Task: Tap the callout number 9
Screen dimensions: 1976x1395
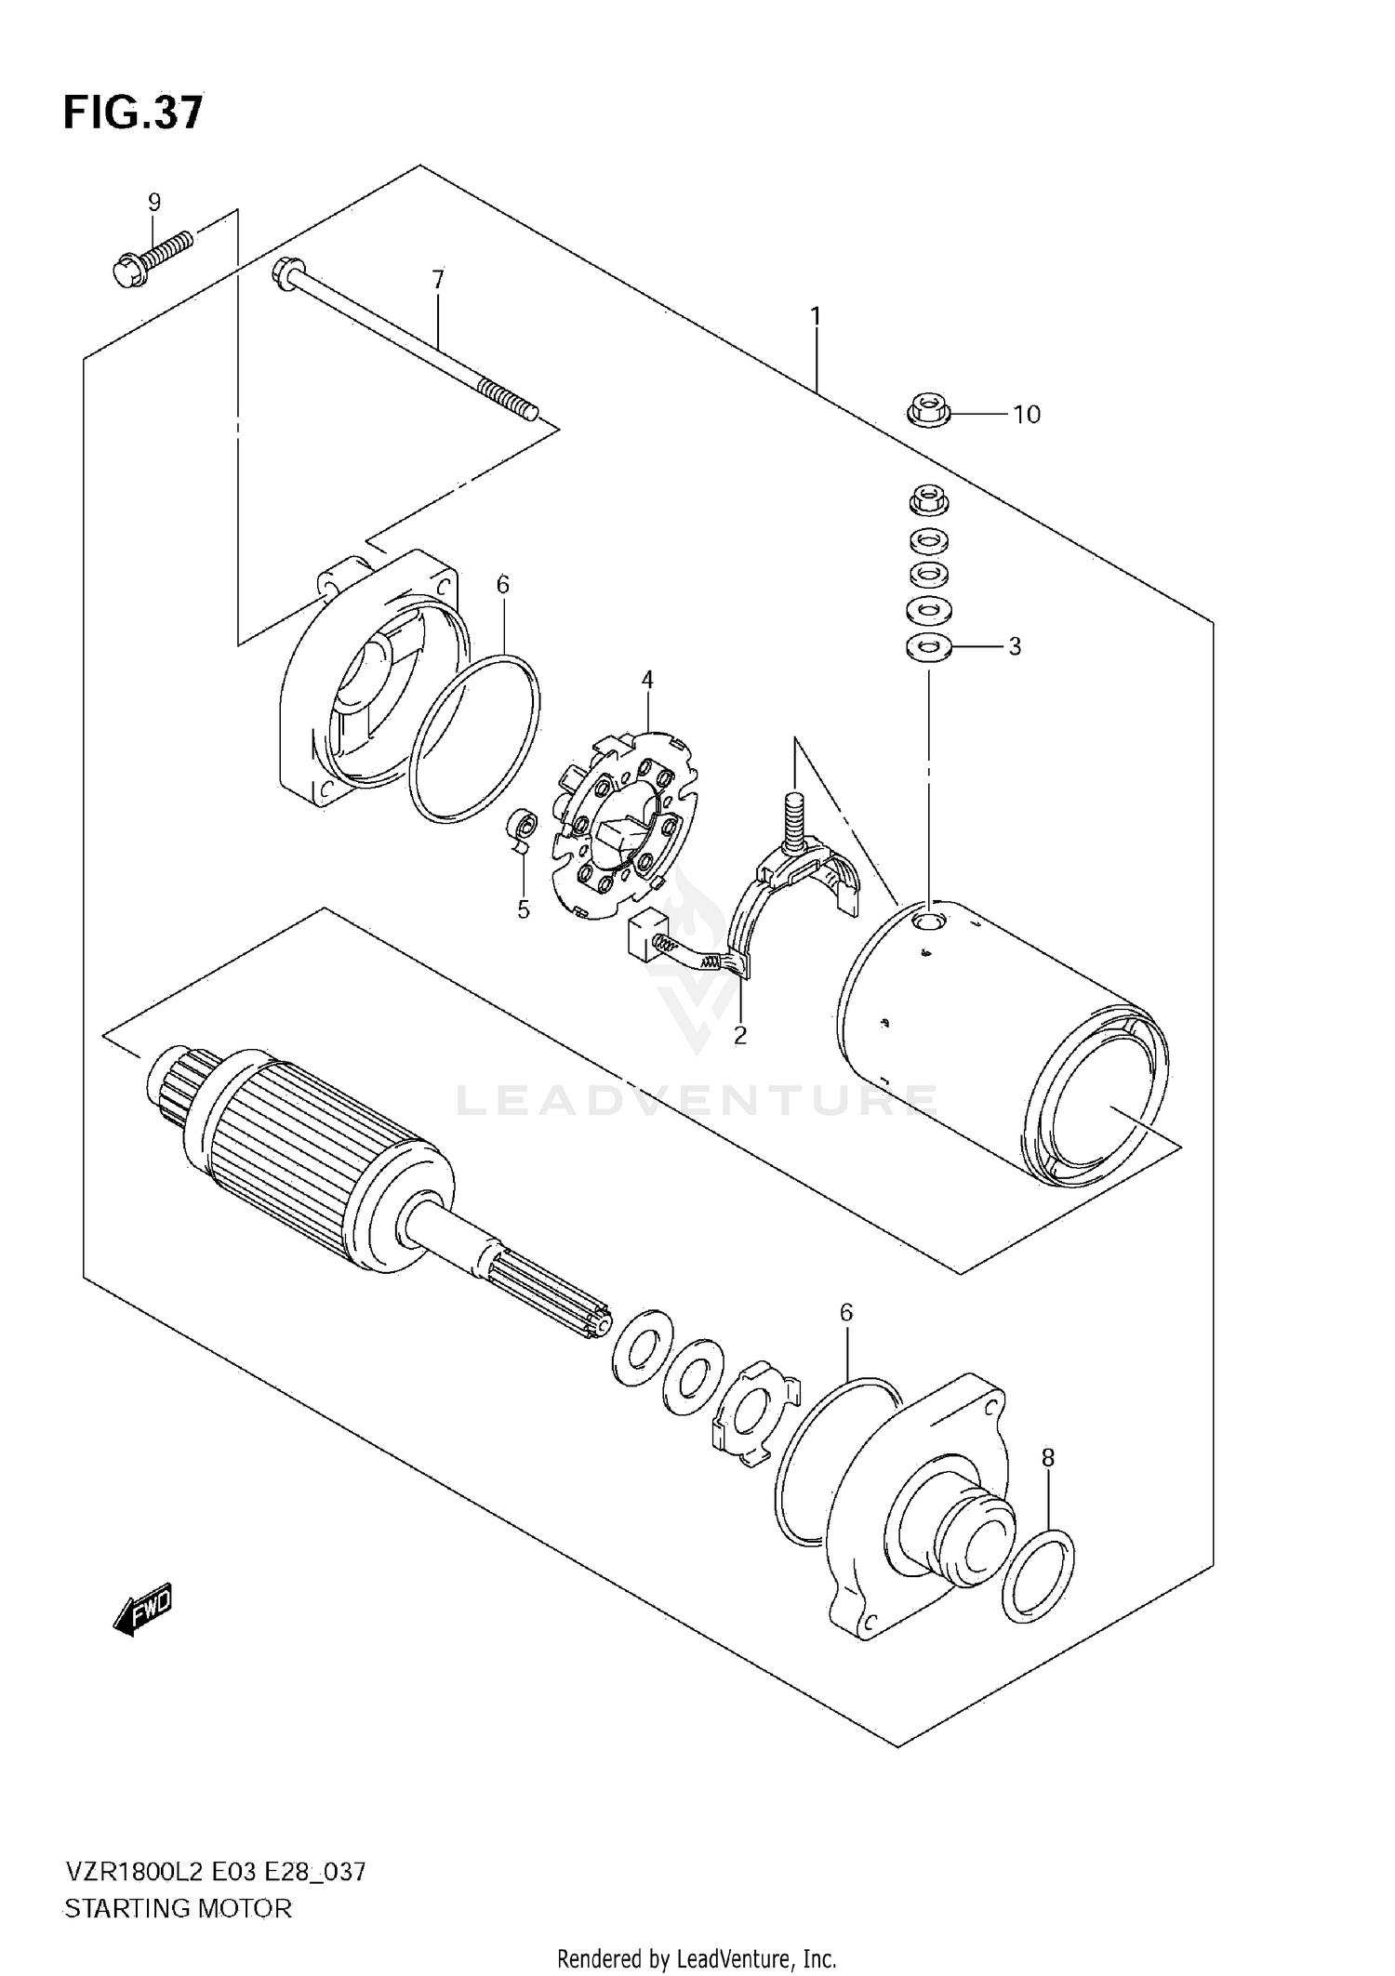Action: coord(154,202)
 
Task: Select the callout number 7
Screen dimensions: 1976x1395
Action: coord(438,279)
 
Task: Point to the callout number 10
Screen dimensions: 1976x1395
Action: coord(1027,415)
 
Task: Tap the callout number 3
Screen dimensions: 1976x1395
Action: coord(1015,646)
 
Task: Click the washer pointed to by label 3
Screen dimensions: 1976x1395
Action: coord(928,646)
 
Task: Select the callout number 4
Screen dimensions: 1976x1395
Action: coord(647,680)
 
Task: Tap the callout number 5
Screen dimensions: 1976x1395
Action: coord(524,909)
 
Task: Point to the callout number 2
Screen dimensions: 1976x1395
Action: coord(739,1035)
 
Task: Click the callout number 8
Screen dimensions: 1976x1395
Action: coord(1048,1458)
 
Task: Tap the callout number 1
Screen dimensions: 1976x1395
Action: coord(816,317)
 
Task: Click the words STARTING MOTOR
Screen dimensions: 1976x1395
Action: coord(178,1909)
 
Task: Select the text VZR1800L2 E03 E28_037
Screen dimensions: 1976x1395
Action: coord(215,1871)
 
